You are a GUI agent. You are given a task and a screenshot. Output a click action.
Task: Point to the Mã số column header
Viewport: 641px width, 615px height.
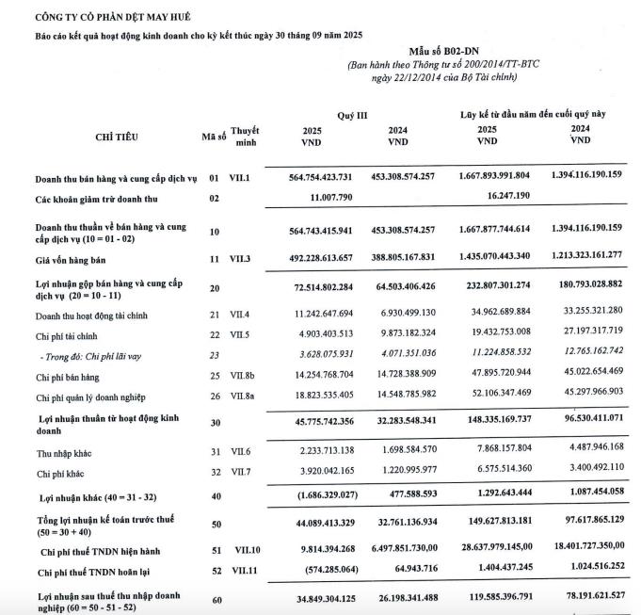tap(215, 137)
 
